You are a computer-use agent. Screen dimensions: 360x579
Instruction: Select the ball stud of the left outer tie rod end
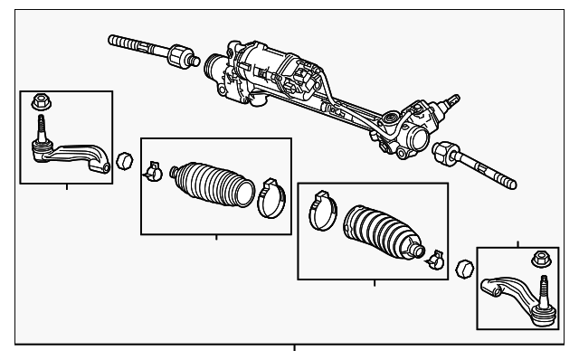[x=42, y=136]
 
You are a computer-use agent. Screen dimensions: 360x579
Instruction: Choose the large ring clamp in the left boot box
[x=270, y=200]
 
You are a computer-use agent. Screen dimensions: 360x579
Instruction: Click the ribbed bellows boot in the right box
[x=381, y=234]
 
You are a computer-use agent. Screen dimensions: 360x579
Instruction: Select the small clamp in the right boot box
[x=432, y=260]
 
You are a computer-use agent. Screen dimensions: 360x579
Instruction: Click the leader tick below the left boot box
[x=216, y=238]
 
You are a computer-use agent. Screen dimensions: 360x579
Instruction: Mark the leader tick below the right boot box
[x=374, y=282]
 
